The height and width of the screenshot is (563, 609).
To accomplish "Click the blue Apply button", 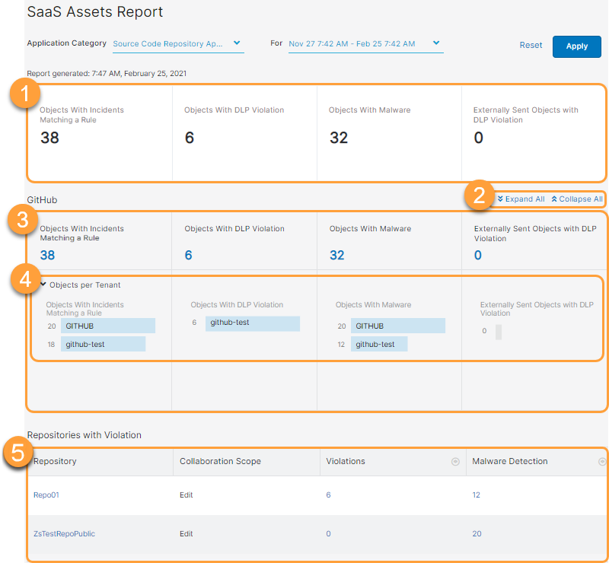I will pyautogui.click(x=576, y=46).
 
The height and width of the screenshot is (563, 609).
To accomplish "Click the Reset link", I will pyautogui.click(x=531, y=46).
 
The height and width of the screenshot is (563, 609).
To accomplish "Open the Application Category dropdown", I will pyautogui.click(x=177, y=44).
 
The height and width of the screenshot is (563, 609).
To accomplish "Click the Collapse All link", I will pyautogui.click(x=576, y=199).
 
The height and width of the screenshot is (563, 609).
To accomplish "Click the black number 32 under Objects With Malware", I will pyautogui.click(x=338, y=138).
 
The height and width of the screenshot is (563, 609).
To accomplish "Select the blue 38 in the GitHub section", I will pyautogui.click(x=47, y=256).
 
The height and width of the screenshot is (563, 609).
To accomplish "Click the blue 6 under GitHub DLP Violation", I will pyautogui.click(x=188, y=256).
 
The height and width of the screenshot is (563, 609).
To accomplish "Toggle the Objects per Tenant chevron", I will pyautogui.click(x=43, y=285).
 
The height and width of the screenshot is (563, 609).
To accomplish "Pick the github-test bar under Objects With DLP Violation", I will pyautogui.click(x=252, y=323).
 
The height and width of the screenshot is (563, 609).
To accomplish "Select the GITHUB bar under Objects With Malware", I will pyautogui.click(x=397, y=326).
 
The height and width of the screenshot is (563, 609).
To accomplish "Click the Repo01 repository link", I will pyautogui.click(x=46, y=495).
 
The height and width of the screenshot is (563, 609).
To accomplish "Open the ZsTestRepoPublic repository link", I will pyautogui.click(x=64, y=534).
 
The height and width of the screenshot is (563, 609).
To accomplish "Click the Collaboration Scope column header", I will pyautogui.click(x=220, y=461).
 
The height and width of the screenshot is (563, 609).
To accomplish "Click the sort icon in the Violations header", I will pyautogui.click(x=455, y=462).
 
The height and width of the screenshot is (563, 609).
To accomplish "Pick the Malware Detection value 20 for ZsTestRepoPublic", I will pyautogui.click(x=477, y=534).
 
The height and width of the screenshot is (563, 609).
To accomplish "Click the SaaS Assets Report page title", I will pyautogui.click(x=95, y=12).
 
